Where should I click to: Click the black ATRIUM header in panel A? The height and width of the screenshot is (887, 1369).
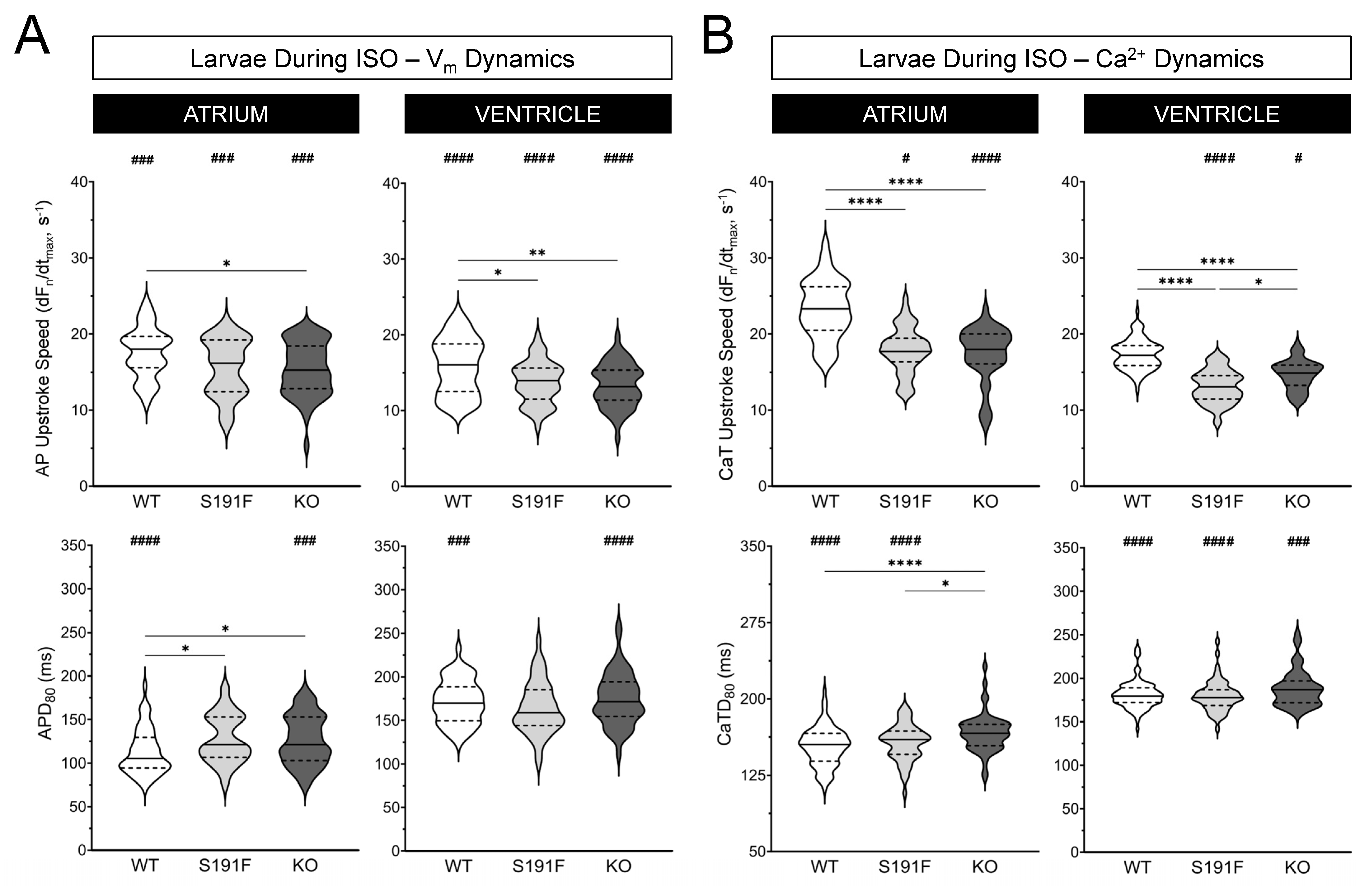pos(226,114)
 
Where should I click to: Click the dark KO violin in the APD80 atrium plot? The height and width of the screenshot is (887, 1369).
pos(305,742)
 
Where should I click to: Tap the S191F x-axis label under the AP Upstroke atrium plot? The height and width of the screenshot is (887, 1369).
pos(226,502)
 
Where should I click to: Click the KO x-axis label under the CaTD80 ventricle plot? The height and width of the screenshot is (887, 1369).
pos(1297,867)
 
